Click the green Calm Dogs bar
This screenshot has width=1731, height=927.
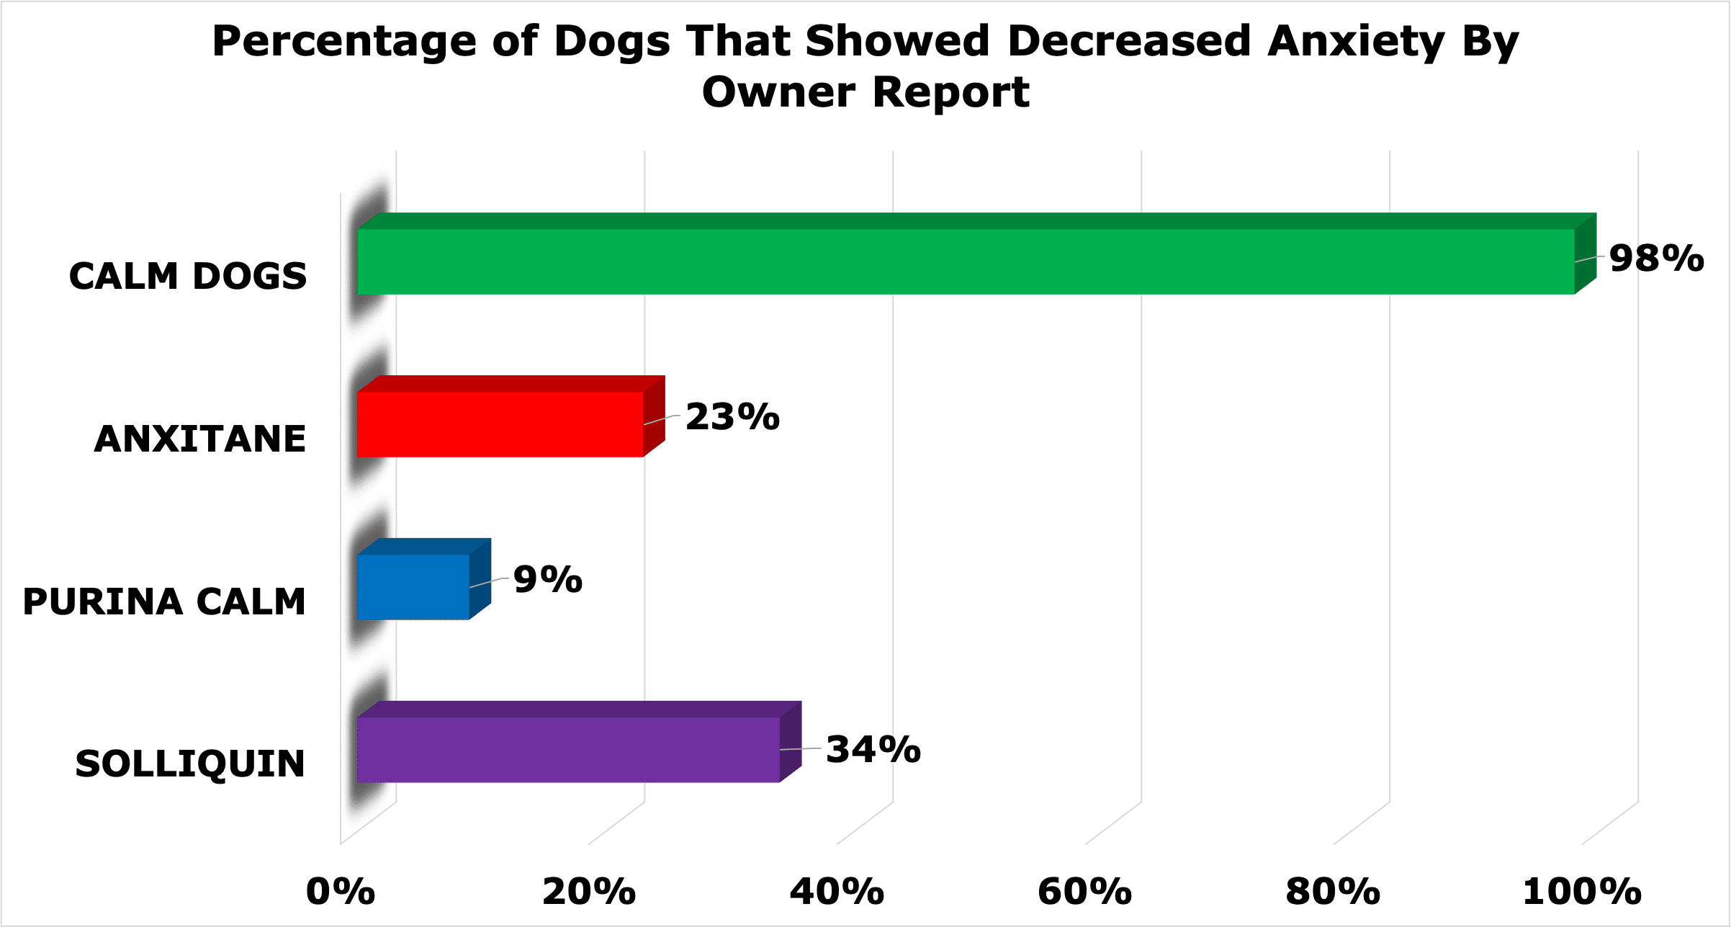click(x=976, y=254)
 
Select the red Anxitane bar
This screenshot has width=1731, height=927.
click(x=511, y=416)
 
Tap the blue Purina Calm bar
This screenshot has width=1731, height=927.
click(x=424, y=579)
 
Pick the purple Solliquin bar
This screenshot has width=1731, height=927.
click(x=579, y=742)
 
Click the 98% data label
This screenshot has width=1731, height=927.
click(x=1656, y=258)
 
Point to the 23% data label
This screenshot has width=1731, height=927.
click(x=732, y=417)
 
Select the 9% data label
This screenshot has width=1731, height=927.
click(x=548, y=580)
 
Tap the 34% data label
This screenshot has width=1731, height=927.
click(x=873, y=749)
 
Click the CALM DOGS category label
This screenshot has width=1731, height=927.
click(x=188, y=277)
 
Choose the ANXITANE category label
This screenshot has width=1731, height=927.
click(x=200, y=439)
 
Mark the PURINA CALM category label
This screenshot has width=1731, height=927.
click(x=165, y=602)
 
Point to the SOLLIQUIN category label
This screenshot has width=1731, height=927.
click(x=190, y=764)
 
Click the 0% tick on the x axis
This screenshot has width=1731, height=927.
click(x=341, y=892)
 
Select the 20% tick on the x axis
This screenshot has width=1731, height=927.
click(x=589, y=892)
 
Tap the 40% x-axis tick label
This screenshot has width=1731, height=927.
click(x=837, y=892)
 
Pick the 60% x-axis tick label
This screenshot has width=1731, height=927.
click(x=1085, y=892)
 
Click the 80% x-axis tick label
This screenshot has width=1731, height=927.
click(x=1333, y=892)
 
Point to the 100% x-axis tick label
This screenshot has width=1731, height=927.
click(x=1582, y=892)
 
